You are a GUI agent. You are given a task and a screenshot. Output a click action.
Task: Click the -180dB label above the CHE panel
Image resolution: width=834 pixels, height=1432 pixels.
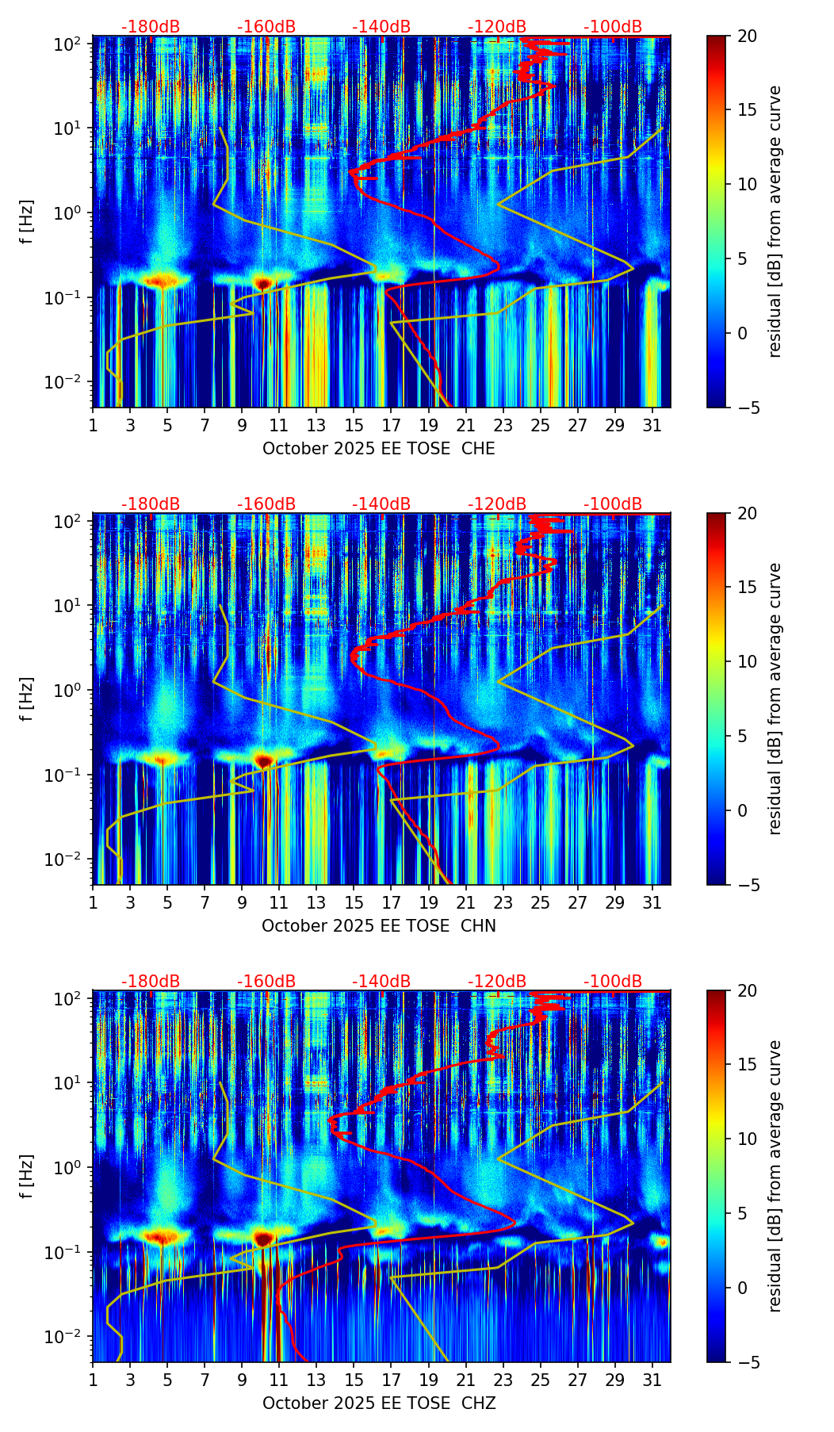[x=151, y=27]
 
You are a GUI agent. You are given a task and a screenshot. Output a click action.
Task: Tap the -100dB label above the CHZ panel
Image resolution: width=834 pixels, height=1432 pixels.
[x=613, y=982]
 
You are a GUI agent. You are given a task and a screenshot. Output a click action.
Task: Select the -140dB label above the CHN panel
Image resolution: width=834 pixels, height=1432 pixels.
[x=381, y=504]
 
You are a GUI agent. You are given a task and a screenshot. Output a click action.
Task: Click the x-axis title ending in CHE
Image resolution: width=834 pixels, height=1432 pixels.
[x=379, y=449]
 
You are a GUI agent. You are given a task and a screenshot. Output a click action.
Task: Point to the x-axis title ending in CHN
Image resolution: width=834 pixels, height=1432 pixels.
[x=379, y=926]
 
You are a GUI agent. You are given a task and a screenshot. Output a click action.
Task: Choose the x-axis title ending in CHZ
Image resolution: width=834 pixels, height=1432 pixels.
[x=379, y=1403]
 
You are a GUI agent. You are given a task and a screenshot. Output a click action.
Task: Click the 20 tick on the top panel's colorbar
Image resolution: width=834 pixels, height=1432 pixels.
[x=748, y=36]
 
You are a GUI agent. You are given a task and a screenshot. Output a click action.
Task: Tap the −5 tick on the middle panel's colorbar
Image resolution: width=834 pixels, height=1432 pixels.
[x=746, y=884]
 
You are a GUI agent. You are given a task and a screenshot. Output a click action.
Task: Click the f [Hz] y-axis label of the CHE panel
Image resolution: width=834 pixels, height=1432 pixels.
[x=27, y=222]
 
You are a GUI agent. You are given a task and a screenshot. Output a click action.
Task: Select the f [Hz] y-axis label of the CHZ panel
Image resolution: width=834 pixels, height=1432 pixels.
[x=27, y=1177]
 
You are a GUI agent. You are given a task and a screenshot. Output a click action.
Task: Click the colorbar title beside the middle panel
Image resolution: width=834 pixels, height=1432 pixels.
[x=775, y=699]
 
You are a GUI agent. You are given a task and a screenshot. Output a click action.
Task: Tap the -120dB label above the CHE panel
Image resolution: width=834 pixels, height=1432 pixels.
[x=497, y=27]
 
